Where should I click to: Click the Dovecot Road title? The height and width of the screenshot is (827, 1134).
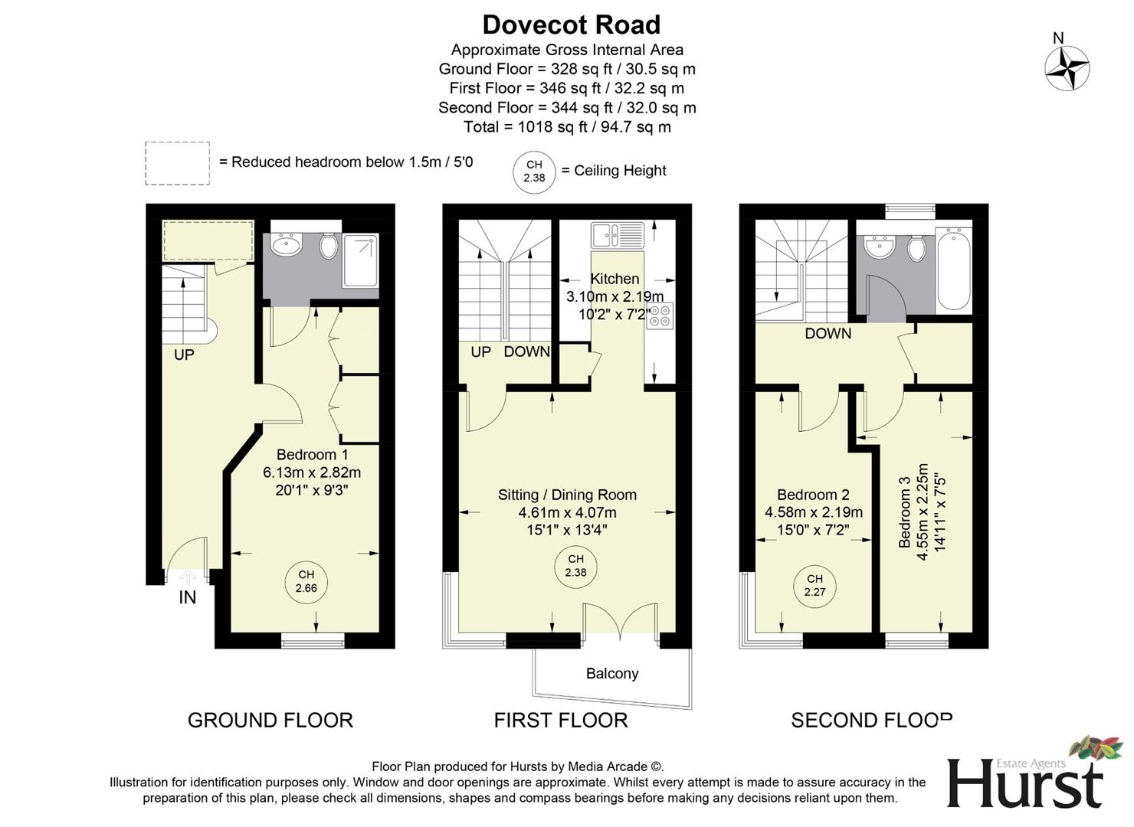(571, 25)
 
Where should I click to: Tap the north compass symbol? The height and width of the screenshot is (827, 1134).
(1067, 67)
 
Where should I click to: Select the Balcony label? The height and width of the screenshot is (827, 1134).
(611, 673)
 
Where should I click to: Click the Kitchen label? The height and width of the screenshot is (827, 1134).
(614, 279)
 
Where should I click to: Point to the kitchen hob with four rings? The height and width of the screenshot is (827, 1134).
(660, 315)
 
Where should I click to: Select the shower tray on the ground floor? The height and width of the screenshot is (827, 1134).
(360, 260)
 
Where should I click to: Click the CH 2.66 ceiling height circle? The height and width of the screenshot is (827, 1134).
(306, 582)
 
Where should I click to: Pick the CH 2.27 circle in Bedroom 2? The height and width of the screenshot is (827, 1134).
(814, 586)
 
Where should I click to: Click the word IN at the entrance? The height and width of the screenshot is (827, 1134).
(188, 598)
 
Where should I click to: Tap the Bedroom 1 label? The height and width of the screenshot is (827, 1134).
(312, 455)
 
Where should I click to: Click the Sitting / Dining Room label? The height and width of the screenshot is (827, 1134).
(567, 495)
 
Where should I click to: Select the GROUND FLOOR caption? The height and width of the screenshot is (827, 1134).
(270, 720)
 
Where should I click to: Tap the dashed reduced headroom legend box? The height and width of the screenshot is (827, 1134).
(177, 163)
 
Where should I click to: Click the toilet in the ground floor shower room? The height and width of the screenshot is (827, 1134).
(329, 245)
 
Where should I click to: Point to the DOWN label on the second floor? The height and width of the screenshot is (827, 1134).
(828, 333)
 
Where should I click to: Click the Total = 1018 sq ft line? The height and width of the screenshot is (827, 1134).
(567, 127)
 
